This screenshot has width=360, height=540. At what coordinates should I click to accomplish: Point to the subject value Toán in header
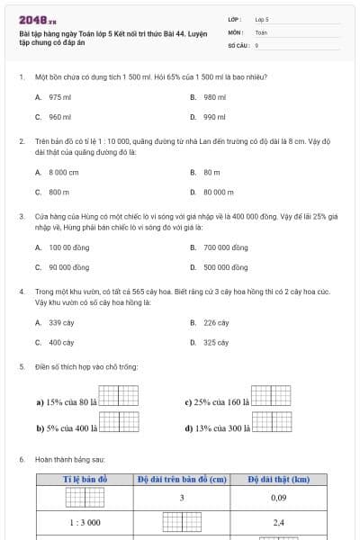261,31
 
